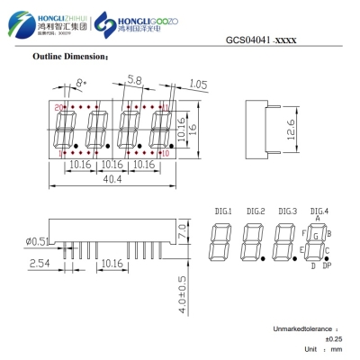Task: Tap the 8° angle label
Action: point(82,83)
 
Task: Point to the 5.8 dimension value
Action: point(134,81)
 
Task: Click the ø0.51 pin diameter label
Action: point(40,240)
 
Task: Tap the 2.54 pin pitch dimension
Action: point(40,264)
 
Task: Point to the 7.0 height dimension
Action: point(181,233)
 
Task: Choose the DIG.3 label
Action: point(287,211)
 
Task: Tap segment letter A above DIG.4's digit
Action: point(319,219)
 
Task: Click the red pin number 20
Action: point(58,107)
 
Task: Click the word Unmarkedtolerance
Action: point(303,329)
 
